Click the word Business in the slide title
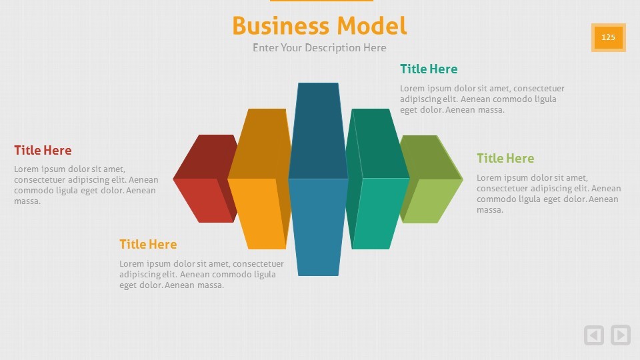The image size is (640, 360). tap(281, 26)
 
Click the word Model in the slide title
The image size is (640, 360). tap(372, 26)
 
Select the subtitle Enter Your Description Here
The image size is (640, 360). tap(319, 48)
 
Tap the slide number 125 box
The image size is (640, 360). tap(608, 37)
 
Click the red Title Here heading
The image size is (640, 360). tap(43, 150)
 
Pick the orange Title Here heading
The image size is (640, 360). tap(148, 244)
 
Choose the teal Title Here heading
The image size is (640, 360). tap(429, 69)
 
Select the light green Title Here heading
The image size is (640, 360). tap(505, 159)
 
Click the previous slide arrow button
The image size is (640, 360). tap(594, 335)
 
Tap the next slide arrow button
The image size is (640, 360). tap(621, 335)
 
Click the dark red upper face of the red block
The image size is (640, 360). tap(204, 157)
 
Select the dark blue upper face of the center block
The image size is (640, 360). tap(318, 131)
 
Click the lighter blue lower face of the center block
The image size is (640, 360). tap(318, 227)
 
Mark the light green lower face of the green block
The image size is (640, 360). tap(433, 201)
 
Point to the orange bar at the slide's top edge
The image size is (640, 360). tap(321, 1)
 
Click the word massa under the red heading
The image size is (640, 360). tap(27, 201)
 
